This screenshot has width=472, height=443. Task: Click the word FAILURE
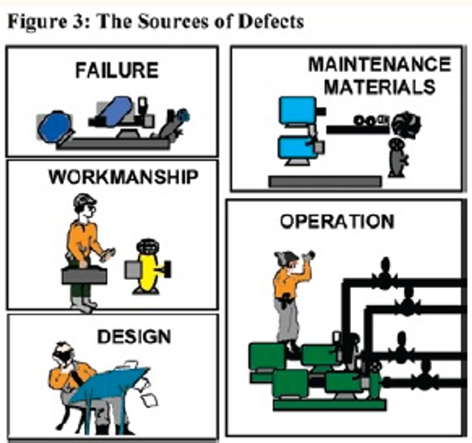tap(117, 71)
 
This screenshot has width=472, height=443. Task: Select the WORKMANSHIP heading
tap(123, 177)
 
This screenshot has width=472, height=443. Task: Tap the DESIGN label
tap(134, 336)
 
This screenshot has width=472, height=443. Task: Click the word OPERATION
tap(337, 222)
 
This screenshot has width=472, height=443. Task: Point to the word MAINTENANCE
tap(380, 64)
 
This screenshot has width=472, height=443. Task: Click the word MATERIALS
tap(380, 87)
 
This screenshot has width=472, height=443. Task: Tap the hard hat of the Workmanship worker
tap(84, 200)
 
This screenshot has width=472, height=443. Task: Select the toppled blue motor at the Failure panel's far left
tap(54, 127)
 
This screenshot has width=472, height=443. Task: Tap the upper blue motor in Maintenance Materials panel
tap(298, 110)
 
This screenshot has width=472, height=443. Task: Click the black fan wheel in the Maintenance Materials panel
tap(406, 124)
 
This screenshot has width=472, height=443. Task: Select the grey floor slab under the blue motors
tap(325, 181)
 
